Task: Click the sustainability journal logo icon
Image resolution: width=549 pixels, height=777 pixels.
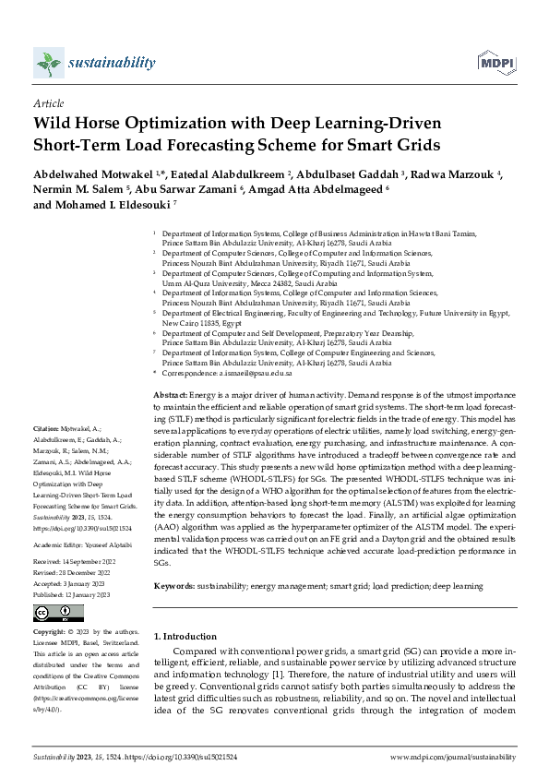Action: point(47,63)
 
